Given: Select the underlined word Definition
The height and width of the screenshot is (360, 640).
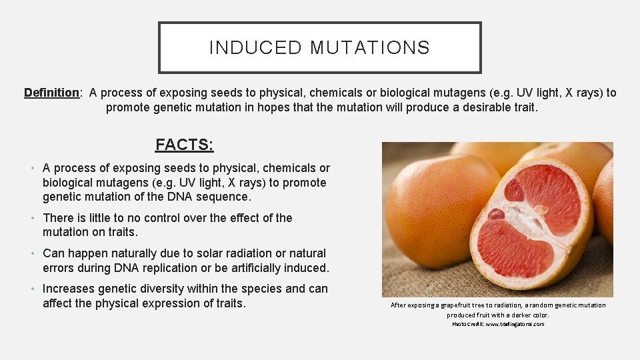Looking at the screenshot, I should coord(51,93).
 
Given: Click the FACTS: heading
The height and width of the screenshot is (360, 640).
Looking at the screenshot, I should coord(185,145).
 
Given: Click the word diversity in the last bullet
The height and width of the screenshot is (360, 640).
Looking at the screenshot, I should coord(160,289).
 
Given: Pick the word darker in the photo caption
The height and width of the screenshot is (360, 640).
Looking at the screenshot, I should coord(516,315).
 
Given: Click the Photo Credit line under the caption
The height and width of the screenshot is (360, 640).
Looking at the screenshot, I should coord(497,324).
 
